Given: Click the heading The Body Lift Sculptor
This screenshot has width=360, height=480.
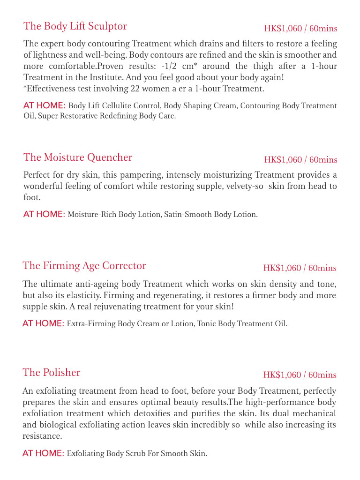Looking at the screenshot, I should coord(75,26).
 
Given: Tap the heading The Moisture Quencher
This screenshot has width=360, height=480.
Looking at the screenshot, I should coord(78,157).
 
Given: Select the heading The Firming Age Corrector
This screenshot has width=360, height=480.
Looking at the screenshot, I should coord(84,266).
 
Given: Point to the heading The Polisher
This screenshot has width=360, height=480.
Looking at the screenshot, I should coord(52,373).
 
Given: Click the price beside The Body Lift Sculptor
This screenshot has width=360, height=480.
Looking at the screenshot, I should coord(300,29).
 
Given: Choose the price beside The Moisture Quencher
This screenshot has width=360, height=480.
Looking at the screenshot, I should coord(300,160).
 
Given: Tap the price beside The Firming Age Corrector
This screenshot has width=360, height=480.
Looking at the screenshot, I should coord(300,268).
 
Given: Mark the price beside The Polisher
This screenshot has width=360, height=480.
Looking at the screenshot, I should coord(300,375).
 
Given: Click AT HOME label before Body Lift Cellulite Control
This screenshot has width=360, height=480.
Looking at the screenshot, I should coord(44,106).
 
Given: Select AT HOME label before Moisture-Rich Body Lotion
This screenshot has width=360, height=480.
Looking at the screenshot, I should coord(44,215).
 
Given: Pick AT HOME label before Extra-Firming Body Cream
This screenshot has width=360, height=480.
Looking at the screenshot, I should coord(43,324).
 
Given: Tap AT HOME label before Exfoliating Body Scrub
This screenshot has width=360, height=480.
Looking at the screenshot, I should coord(43,454).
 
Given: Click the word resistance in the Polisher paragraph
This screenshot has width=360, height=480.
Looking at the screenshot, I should coord(42,436).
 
